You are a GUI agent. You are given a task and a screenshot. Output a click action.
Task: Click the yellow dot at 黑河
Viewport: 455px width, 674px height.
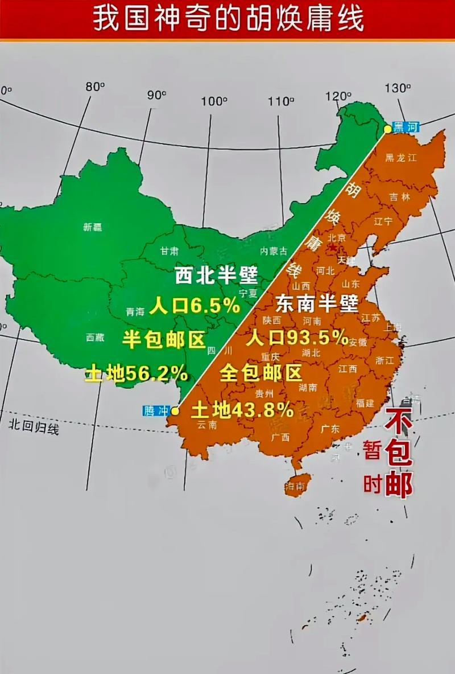coord(388,129)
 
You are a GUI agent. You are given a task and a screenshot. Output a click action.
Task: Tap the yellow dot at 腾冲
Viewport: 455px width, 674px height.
coord(175,410)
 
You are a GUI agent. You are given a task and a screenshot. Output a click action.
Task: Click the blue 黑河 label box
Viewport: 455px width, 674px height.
coord(406,128)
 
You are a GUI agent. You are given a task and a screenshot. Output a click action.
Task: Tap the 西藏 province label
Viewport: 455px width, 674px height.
coord(95,337)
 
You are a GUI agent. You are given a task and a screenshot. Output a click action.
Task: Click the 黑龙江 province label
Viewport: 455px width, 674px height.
coord(400,158)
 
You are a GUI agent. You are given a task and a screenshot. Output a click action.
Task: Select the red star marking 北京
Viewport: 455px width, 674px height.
coord(332,248)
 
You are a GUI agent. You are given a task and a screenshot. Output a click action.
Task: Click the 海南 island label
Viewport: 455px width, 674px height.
coord(295,486)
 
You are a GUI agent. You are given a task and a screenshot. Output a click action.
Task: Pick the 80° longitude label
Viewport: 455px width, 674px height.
coord(95,87)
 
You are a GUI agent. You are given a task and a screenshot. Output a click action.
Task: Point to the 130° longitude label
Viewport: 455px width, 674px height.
coord(398,88)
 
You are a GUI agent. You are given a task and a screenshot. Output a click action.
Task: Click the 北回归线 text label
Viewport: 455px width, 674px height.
coord(34,426)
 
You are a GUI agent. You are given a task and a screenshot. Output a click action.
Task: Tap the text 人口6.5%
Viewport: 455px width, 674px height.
coord(195,307)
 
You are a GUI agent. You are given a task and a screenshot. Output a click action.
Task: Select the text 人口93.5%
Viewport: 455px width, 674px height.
coord(297,338)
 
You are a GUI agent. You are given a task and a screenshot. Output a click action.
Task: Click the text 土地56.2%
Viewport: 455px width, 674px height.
coord(136,373)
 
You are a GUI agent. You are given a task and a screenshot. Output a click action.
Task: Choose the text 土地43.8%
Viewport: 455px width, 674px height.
coord(242,409)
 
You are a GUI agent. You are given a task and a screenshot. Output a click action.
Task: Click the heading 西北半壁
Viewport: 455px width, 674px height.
coord(216,276)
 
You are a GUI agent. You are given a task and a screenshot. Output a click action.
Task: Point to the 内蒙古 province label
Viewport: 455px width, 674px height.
coord(274,251)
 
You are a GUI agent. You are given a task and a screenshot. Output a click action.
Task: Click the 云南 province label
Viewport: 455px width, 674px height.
coord(206,425)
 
